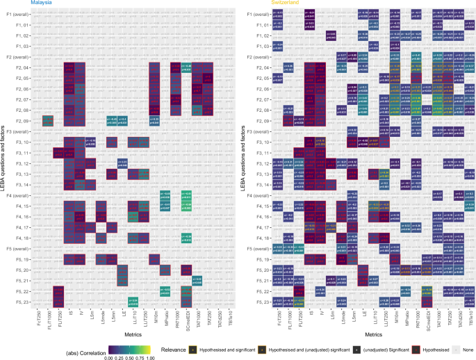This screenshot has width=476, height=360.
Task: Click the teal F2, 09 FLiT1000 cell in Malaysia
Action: [x=47, y=120]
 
